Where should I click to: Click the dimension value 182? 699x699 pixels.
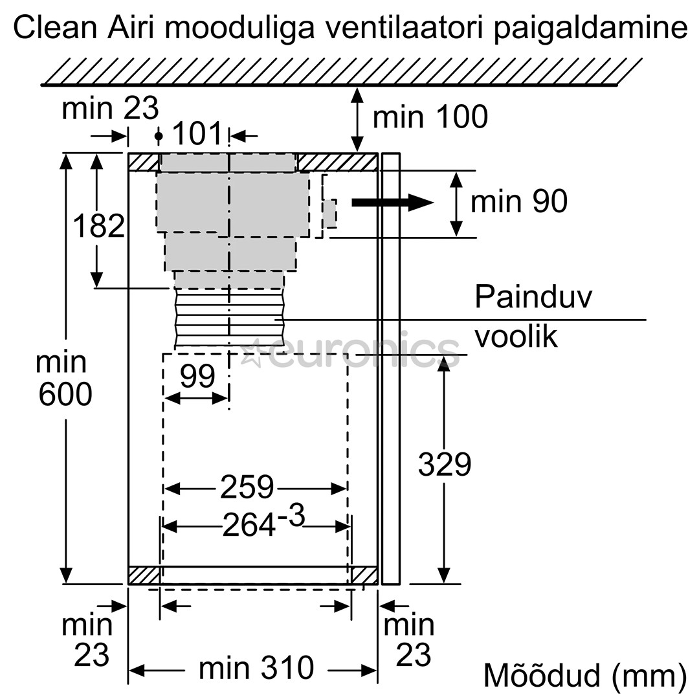click(x=98, y=227)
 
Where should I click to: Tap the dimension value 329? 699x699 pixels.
click(x=444, y=464)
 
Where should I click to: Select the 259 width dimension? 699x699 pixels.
click(x=247, y=487)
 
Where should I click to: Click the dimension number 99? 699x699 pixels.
click(x=197, y=377)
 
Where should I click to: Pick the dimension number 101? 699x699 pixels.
click(x=197, y=135)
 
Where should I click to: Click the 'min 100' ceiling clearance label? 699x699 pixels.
click(x=430, y=117)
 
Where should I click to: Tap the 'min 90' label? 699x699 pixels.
click(x=518, y=201)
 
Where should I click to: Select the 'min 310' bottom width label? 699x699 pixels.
click(x=256, y=668)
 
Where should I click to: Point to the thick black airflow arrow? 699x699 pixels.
click(x=392, y=203)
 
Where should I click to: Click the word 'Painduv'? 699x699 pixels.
click(x=533, y=297)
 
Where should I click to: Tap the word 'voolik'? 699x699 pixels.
click(x=515, y=337)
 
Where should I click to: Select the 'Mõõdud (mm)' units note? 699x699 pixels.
click(x=584, y=676)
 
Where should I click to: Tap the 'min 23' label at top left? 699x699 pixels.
click(x=110, y=109)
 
